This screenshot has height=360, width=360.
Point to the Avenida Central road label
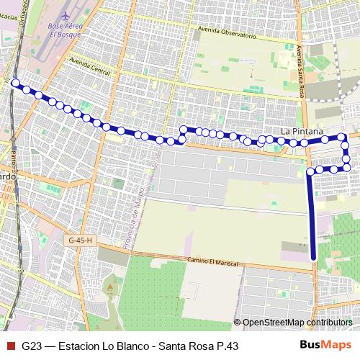(91, 66)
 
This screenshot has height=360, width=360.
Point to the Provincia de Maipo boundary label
(139, 216)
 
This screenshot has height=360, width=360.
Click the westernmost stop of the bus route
(16, 84)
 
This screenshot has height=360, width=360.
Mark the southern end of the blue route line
(313, 258)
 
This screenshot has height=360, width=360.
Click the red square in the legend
(9, 345)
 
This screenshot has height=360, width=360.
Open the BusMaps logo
(325, 344)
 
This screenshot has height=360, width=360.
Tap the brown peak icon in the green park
(109, 287)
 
